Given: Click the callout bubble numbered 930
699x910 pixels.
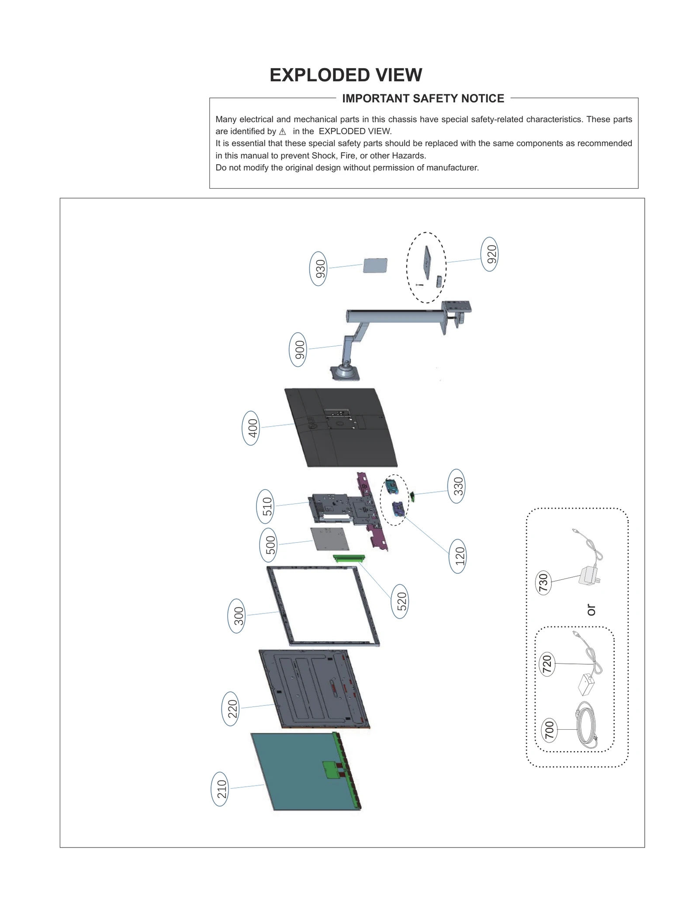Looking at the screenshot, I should click(318, 269).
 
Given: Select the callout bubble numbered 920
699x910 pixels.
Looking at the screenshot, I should click(489, 254).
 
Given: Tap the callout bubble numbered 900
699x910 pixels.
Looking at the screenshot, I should click(298, 350).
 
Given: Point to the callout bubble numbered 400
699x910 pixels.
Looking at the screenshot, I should click(251, 428).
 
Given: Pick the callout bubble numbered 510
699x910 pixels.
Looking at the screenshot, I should click(265, 507).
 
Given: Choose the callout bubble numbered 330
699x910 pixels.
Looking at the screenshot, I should click(456, 486).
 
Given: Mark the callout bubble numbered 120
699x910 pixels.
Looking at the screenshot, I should click(457, 556).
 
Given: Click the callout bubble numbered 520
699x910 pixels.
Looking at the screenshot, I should click(400, 601).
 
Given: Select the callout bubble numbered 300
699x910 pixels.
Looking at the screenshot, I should click(237, 616).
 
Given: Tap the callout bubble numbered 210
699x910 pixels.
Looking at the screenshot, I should click(220, 789).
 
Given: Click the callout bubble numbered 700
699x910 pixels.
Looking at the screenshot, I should click(549, 730).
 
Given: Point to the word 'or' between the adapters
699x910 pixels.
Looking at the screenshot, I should click(591, 610).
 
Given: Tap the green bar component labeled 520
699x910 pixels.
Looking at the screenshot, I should click(349, 558).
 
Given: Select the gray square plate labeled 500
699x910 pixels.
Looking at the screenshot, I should click(330, 539).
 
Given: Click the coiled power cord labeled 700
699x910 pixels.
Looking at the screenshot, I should click(586, 725).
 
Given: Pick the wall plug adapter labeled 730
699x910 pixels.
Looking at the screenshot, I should click(588, 575).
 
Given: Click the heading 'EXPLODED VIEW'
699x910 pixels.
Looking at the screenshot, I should click(346, 75).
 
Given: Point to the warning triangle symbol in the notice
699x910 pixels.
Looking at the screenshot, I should click(282, 132).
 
